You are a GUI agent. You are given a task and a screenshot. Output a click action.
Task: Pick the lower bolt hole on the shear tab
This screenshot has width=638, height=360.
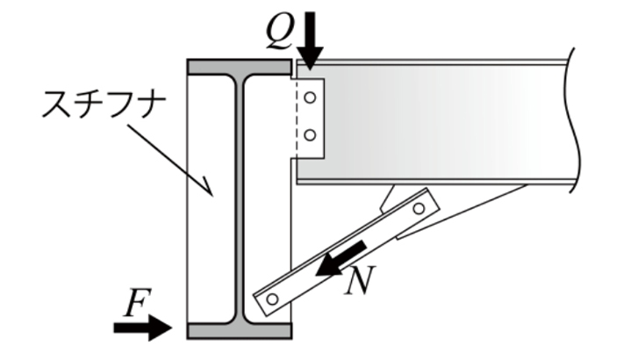coord(309,134)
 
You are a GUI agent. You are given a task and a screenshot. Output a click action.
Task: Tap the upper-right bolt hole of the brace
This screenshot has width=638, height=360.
coord(419,209)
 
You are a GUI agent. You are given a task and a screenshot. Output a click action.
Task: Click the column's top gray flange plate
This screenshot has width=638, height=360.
coord(240,67)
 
